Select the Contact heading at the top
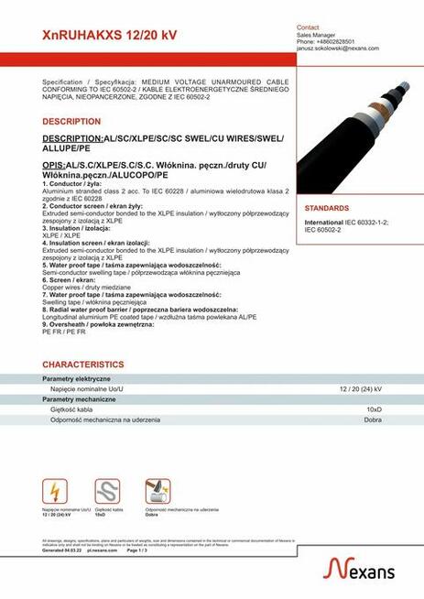tap(308, 27)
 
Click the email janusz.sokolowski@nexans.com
tap(337, 49)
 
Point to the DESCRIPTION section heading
tap(71, 121)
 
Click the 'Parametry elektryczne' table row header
tap(77, 378)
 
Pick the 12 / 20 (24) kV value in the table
tap(360, 389)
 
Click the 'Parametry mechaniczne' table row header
tap(79, 399)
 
